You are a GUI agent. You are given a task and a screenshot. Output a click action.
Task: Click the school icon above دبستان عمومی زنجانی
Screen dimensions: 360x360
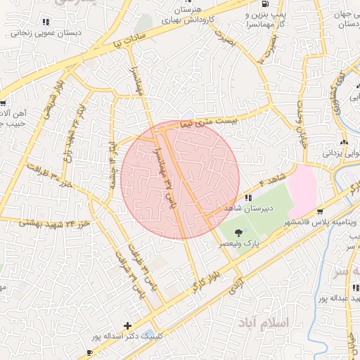46,21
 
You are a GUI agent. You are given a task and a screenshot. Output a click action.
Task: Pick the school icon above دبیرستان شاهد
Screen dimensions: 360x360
248,198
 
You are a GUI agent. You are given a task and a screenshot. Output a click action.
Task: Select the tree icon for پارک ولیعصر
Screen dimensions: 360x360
238,232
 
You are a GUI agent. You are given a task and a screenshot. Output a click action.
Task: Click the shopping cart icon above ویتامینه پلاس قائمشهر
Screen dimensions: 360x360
321,211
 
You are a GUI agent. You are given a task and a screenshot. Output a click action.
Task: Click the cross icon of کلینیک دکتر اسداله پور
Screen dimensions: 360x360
127,326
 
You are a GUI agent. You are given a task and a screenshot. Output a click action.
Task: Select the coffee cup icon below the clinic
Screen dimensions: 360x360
89,351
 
